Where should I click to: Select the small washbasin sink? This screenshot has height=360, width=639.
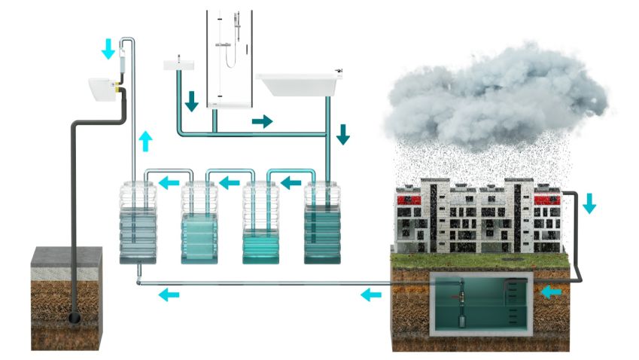178,66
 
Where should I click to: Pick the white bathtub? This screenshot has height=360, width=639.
300,84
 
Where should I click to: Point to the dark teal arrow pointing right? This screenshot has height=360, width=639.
262,121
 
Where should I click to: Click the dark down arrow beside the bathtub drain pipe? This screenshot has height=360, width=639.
343,134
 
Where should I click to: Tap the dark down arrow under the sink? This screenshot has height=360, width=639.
192,99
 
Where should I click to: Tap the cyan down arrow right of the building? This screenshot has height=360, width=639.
589,203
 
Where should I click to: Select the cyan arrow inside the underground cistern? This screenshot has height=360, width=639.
551,291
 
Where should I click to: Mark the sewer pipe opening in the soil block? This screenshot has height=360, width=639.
76,319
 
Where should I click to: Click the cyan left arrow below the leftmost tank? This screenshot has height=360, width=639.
169,294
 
